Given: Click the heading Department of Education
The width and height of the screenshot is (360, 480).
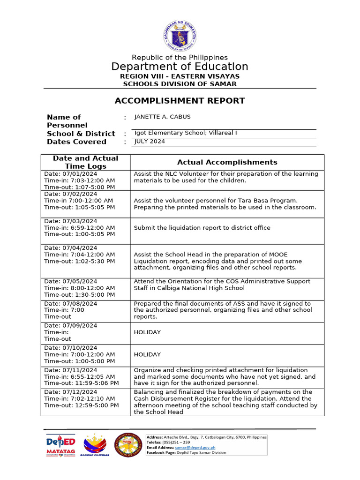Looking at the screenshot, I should click(180, 66).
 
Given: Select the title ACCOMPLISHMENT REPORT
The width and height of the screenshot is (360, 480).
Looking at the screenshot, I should click(180, 100).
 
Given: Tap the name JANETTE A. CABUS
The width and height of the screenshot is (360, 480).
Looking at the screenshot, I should click(162, 117).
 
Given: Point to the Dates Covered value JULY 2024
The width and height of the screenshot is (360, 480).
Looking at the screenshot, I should click(150, 142).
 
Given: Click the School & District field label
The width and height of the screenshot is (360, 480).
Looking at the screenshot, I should click(81, 134).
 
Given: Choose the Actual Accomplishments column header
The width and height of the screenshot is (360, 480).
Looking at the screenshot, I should click(227, 162).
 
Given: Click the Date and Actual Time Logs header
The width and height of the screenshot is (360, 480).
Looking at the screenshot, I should click(85, 162).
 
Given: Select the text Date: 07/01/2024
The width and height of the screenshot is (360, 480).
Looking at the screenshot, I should click(71, 174).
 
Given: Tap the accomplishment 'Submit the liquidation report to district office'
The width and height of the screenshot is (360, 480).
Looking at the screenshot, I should click(202, 228).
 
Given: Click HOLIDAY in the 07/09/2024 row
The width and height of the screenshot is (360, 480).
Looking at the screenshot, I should click(147, 332).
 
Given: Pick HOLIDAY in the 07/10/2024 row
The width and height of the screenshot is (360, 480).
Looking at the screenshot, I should click(147, 355).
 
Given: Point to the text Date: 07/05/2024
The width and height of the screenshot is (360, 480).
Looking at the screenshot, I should click(71, 281).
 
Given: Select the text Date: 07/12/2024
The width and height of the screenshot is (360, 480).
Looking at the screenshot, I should click(71, 392).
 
